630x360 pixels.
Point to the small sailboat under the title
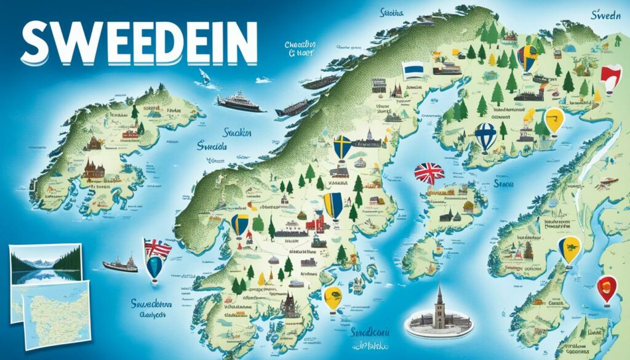204,77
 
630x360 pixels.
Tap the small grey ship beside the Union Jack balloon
120,265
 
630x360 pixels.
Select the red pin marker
607,289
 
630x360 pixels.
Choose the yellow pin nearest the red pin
568,250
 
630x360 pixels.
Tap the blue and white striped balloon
485,137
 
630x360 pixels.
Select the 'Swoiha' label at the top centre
393,12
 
